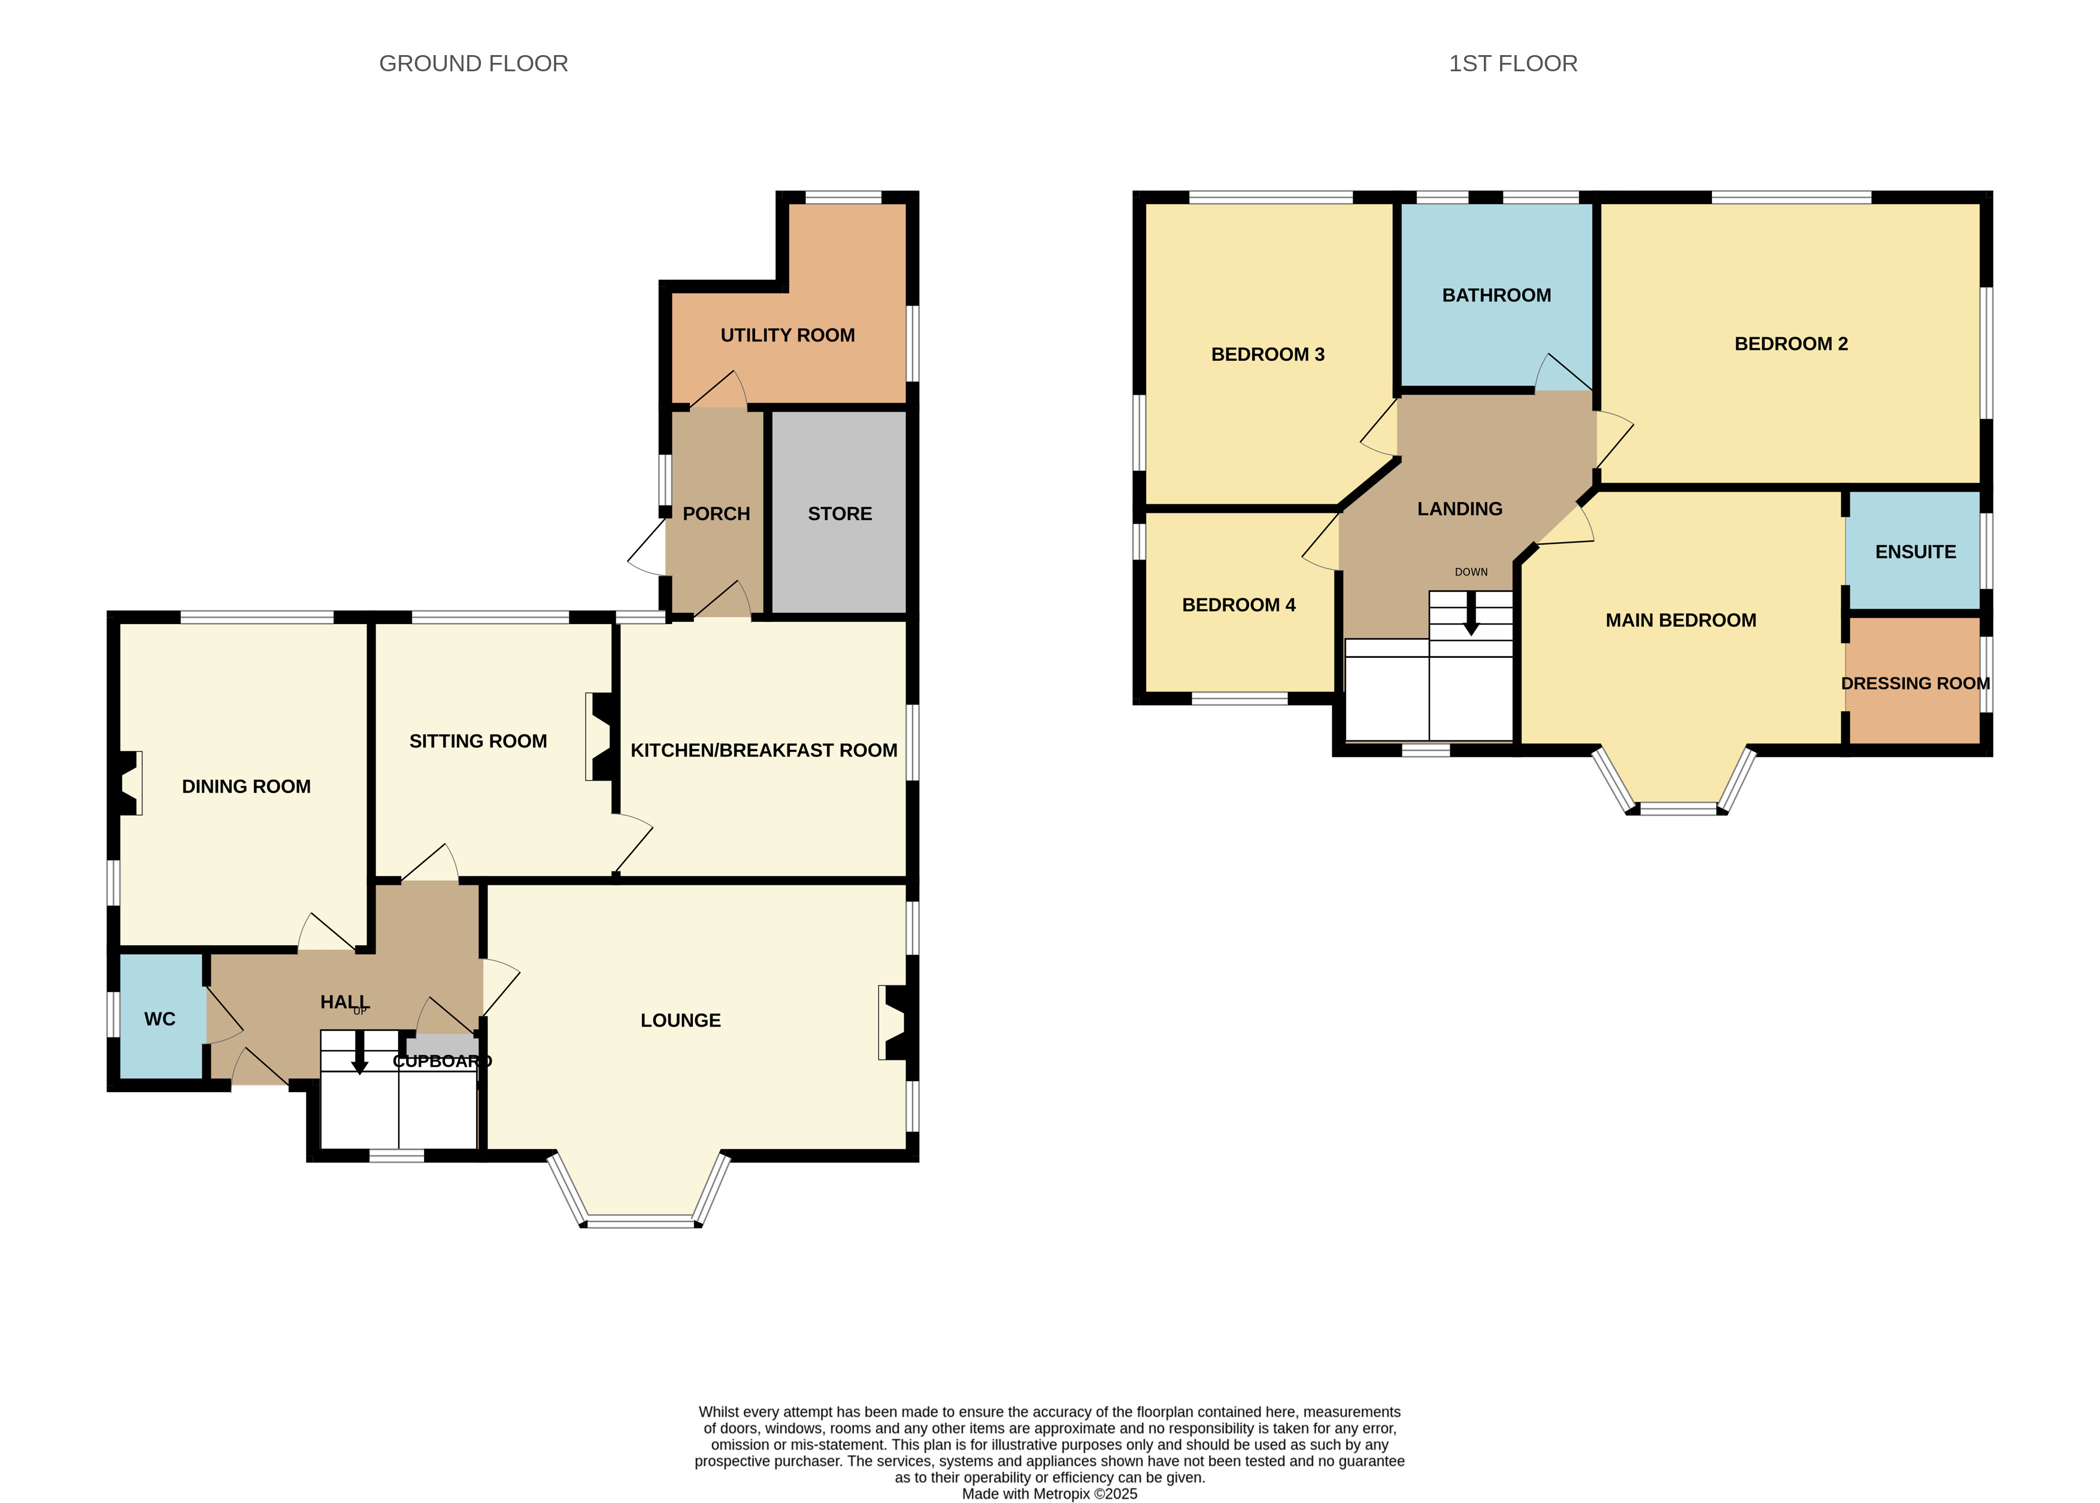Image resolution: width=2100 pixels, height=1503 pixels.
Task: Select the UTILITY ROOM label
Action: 787,335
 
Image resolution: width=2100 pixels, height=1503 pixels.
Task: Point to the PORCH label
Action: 716,513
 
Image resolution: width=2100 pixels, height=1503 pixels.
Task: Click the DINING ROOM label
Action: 246,787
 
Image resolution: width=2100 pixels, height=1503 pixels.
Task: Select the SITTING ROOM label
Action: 478,742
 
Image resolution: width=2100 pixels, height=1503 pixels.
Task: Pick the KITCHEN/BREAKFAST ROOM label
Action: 764,751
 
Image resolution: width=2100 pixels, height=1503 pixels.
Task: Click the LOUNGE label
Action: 681,1020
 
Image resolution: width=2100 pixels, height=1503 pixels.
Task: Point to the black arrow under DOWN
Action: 1471,613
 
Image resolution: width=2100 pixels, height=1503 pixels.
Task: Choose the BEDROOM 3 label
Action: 1268,355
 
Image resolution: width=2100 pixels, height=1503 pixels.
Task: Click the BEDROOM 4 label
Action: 1239,605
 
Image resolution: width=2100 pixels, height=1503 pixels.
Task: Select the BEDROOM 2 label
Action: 1791,344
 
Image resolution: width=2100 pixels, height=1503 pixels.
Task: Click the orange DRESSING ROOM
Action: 1913,681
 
